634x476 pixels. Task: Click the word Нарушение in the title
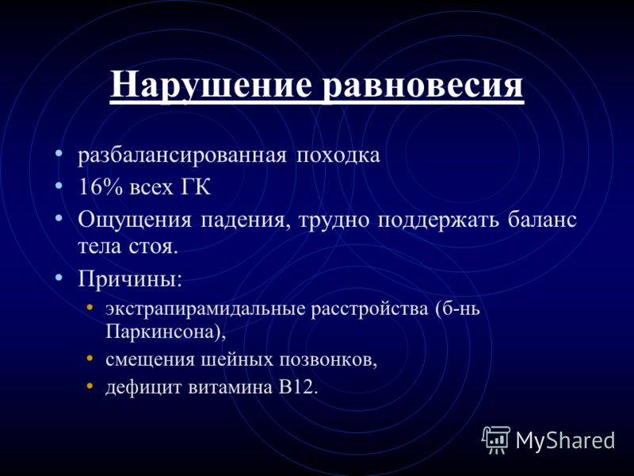tap(211, 85)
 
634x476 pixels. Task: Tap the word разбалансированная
tap(182, 155)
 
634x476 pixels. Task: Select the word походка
tap(338, 155)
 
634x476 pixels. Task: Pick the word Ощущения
tap(135, 221)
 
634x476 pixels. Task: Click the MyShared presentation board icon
tap(496, 440)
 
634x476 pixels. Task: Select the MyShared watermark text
tap(566, 440)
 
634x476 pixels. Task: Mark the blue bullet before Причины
tap(59, 278)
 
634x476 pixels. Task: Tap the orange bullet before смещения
tap(90, 359)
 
